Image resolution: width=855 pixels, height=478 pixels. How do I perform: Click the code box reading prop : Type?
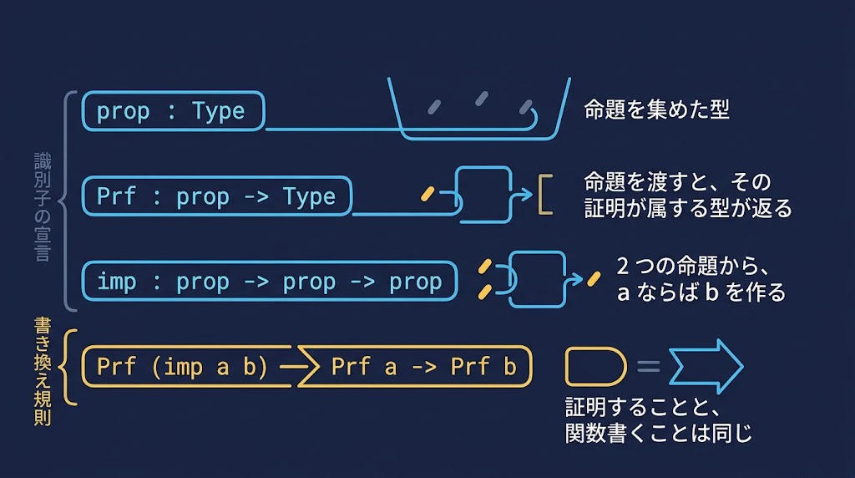coord(174,111)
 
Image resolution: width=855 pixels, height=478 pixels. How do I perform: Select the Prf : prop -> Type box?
coord(217,196)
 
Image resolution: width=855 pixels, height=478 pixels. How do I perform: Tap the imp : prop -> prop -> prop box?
coord(270,282)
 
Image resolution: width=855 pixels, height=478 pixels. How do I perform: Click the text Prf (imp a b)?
coord(182,367)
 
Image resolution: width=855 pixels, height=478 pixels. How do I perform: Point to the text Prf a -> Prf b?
coord(423,367)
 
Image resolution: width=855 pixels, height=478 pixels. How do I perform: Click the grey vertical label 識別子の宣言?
coord(42,207)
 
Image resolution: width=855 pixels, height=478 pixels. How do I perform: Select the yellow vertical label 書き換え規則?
coord(42,372)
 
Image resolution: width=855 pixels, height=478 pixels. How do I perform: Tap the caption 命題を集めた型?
coord(656,109)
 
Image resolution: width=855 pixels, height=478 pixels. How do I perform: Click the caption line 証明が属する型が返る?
coord(688,208)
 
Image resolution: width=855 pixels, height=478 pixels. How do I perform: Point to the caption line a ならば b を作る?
coord(701,292)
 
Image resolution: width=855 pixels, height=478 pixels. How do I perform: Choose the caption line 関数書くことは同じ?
coord(659,433)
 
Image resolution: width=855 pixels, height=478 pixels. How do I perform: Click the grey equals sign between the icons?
coord(648,366)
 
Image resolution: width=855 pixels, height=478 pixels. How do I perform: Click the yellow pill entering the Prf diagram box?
coord(428,194)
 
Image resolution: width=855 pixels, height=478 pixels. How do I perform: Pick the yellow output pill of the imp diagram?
coord(594,279)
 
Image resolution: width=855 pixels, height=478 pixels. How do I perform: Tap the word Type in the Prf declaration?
coord(309,197)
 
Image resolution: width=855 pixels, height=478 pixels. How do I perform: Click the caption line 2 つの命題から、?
coord(692,267)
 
